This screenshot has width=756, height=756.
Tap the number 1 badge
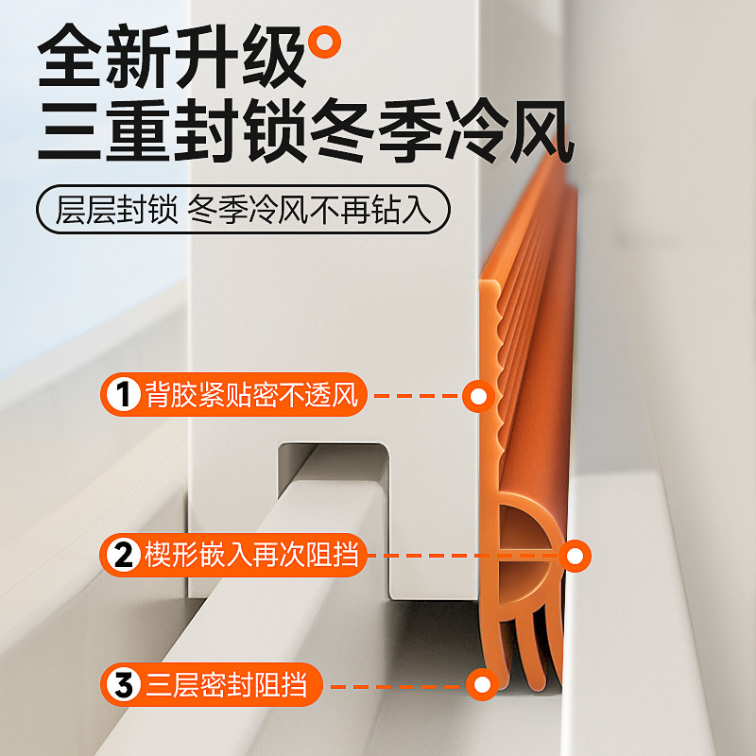(122, 396)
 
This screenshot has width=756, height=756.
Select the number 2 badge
(122, 555)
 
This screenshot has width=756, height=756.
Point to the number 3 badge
(122, 684)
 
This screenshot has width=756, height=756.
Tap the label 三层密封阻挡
(232, 684)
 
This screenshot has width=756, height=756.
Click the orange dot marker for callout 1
(479, 396)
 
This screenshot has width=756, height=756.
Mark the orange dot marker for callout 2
(574, 555)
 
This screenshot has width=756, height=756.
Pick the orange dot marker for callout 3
(483, 684)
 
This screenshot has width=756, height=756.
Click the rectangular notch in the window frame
(331, 472)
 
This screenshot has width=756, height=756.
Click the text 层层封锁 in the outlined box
(116, 210)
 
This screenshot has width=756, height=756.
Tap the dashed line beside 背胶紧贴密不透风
(416, 396)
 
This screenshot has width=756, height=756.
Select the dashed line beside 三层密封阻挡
(397, 684)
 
